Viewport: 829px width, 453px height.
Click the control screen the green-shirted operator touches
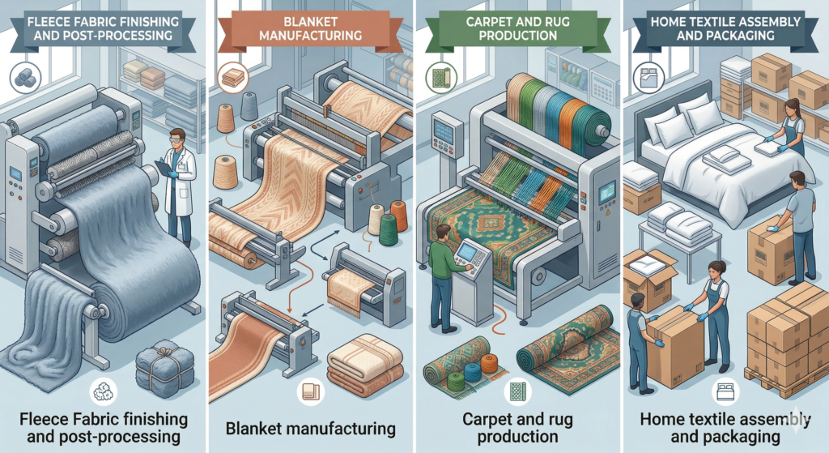tap(467, 254)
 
